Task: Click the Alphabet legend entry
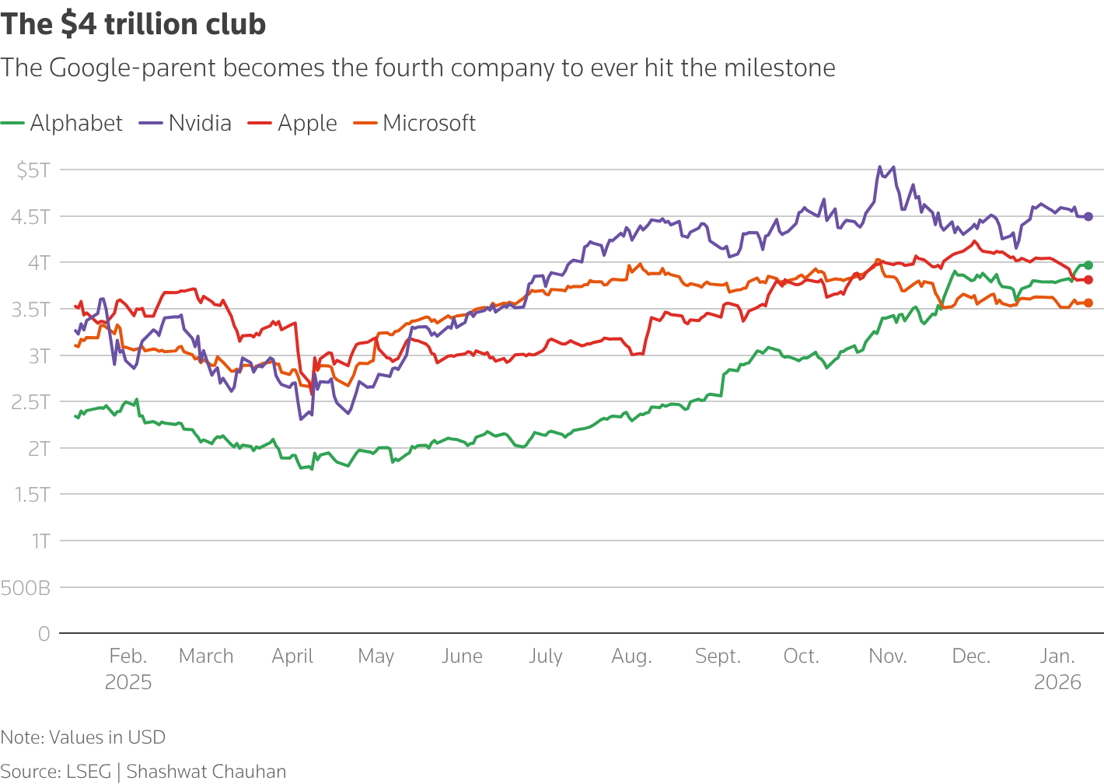click(75, 123)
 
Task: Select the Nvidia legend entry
click(199, 123)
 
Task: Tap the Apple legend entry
click(306, 123)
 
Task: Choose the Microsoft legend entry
click(428, 123)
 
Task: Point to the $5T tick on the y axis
click(33, 170)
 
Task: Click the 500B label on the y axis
click(26, 588)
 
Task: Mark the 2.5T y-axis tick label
click(30, 402)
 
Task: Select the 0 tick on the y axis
click(44, 634)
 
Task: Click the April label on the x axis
click(292, 656)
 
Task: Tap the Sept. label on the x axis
click(718, 656)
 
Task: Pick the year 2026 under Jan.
click(1057, 682)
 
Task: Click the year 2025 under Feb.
click(128, 682)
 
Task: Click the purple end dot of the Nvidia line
click(1088, 217)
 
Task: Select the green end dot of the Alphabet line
click(1088, 265)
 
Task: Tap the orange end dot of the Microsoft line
click(1088, 303)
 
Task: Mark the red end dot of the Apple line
click(1088, 280)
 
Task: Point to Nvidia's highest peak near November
click(879, 166)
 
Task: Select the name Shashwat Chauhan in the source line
click(206, 771)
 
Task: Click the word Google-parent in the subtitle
click(132, 68)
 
